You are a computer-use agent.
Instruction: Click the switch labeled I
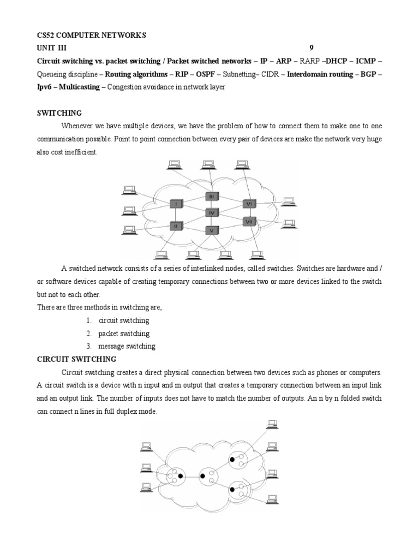coord(176,204)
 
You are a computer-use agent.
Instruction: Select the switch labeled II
coord(176,225)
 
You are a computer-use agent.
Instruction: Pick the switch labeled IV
coord(212,212)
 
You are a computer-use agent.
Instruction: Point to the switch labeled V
coord(212,230)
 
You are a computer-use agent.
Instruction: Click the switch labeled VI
coord(249,204)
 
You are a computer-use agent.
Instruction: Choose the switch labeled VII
coord(249,222)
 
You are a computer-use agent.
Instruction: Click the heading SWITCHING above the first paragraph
coord(59,113)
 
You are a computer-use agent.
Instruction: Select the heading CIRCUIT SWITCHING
coord(76,359)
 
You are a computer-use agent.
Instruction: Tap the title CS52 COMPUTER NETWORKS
coord(92,35)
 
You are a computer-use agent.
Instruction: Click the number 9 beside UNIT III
coord(312,48)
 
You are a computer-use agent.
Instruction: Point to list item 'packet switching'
coord(124,334)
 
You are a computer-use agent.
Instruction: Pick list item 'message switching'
coord(127,346)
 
